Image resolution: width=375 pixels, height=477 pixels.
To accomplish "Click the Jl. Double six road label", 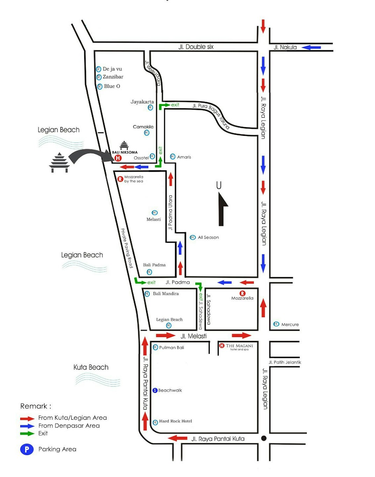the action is coord(196,47).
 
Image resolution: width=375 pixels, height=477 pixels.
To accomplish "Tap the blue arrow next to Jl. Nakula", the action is coord(311,47).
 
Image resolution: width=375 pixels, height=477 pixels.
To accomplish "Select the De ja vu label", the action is coord(112,69).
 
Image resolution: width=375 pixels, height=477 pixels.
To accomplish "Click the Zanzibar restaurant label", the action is coord(113,77).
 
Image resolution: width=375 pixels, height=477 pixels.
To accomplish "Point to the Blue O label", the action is coord(112,86).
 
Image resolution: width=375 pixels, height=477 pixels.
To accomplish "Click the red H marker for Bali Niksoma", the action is coord(118,158).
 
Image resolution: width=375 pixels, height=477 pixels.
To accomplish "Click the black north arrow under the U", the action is coord(223,209).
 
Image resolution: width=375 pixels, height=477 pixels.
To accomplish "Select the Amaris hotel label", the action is coord(184,157).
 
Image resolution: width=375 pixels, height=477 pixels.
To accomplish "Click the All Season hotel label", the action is coord(208,237).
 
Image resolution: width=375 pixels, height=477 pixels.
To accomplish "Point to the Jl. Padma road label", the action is coord(178,282).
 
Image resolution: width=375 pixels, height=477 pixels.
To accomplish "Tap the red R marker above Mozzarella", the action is coord(242,293).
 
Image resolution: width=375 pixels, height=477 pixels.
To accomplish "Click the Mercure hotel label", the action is coord(290,324).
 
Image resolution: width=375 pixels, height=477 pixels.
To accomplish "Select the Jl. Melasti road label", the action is coord(194,336).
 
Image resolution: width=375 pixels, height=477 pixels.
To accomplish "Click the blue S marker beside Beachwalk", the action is coord(155,390).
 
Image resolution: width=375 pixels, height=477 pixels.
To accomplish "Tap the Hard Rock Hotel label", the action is coord(175,421).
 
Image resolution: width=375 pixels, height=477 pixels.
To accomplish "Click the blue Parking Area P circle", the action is coord(27,449).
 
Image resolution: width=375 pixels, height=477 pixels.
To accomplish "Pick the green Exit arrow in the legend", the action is coord(27,434).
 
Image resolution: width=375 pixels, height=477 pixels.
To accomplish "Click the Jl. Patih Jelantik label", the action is coord(285,362).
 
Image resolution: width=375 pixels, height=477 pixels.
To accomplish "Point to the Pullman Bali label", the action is coord(172,347).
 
